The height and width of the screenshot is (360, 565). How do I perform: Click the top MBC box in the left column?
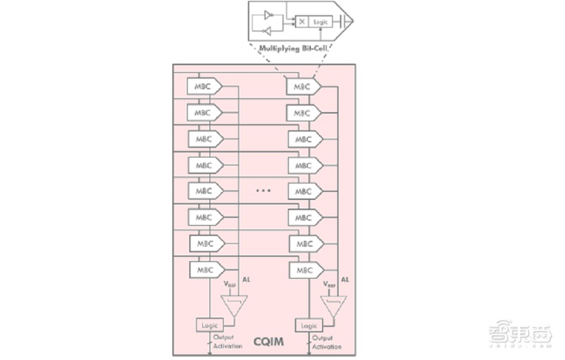coord(203,86)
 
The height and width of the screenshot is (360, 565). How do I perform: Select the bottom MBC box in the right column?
coord(304,270)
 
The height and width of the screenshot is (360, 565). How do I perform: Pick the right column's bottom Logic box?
coord(309,325)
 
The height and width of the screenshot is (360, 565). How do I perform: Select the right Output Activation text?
coord(326,342)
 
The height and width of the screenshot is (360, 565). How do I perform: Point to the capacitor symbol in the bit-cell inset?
coord(341,22)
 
